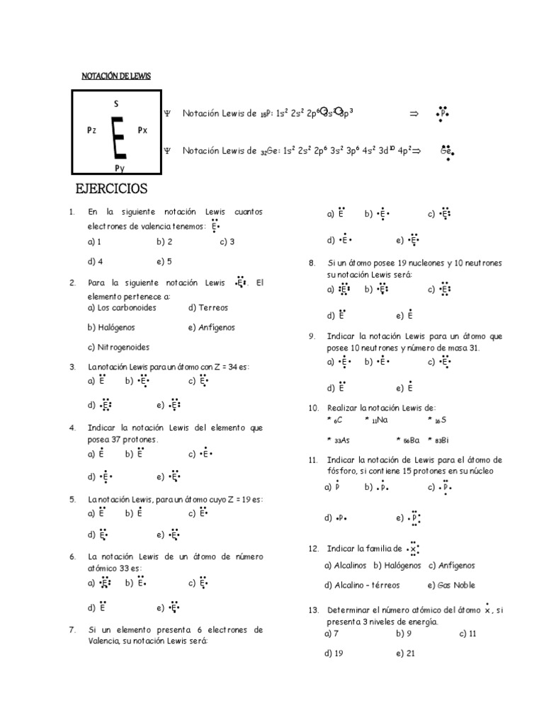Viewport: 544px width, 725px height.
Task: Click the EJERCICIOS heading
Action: [x=111, y=189]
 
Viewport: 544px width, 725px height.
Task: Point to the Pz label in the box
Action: [x=92, y=130]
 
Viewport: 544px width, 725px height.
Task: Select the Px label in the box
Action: [x=142, y=130]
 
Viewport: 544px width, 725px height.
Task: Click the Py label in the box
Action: [x=120, y=168]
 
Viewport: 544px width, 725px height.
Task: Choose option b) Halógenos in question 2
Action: [x=111, y=328]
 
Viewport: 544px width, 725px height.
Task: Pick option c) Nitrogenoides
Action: [x=118, y=348]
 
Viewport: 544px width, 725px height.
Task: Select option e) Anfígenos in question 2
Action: [x=212, y=328]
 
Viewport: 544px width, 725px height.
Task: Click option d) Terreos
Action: [x=208, y=308]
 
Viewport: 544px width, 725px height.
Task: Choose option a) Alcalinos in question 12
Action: [x=346, y=566]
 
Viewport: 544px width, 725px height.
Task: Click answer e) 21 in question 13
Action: [x=406, y=653]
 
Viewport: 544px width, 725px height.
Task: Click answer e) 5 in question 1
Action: [x=164, y=261]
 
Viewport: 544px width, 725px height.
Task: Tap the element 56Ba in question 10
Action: [x=408, y=440]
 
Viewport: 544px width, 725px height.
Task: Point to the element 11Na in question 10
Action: [x=380, y=420]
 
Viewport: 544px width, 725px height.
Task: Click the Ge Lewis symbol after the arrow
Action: [x=446, y=151]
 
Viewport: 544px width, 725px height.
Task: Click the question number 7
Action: [x=72, y=629]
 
